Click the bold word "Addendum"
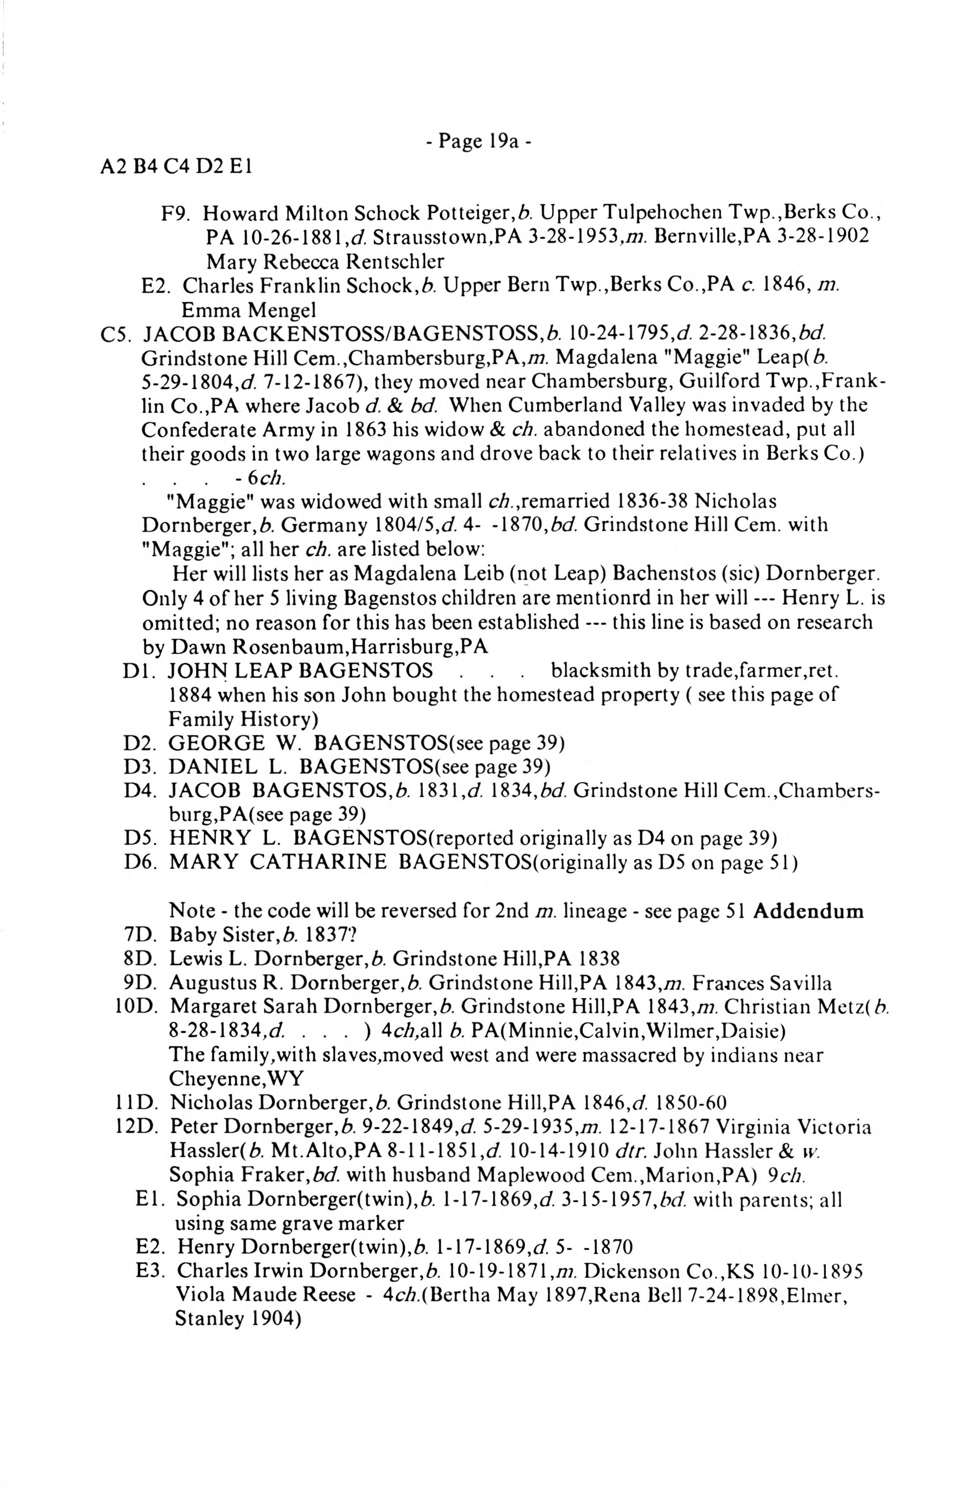tap(808, 911)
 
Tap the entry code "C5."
tap(115, 334)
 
